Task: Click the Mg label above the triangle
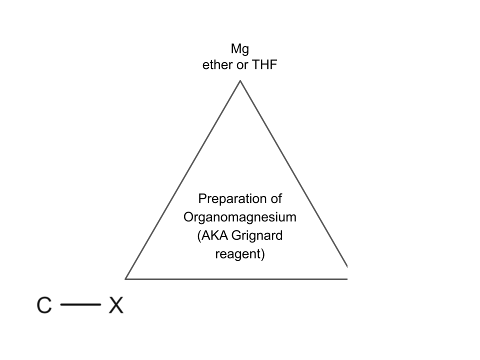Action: [x=240, y=49]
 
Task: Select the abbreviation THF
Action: [x=265, y=65]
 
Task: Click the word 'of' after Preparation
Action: [x=275, y=199]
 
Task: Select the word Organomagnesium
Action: [x=240, y=217]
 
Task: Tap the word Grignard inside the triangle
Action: [x=258, y=235]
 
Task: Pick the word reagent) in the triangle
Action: [x=240, y=254]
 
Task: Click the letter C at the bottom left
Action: [x=44, y=305]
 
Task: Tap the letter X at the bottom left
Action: [x=116, y=305]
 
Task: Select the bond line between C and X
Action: [x=80, y=304]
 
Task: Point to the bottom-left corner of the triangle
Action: [x=125, y=278]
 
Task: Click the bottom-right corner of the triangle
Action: [x=346, y=278]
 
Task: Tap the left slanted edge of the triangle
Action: [x=183, y=179]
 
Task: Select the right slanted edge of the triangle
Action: [x=293, y=172]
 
